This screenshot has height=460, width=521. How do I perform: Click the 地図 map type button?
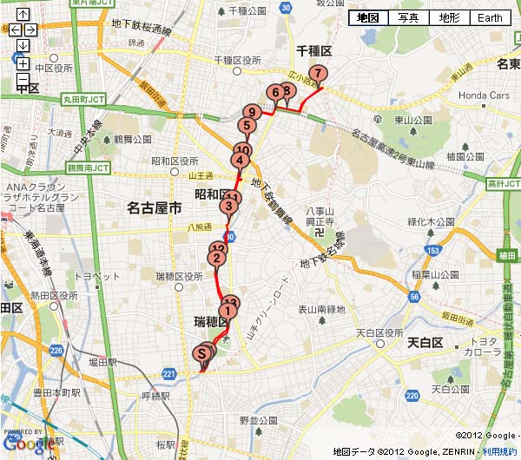click(368, 18)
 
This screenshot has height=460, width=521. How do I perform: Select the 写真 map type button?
click(408, 18)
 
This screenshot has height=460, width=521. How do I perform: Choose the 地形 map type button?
click(449, 18)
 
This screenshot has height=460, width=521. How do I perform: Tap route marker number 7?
click(319, 74)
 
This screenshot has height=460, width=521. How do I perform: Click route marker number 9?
click(252, 112)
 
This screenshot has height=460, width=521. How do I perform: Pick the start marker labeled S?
click(203, 353)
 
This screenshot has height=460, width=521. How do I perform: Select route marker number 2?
click(216, 258)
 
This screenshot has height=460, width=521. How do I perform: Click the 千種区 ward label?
click(310, 51)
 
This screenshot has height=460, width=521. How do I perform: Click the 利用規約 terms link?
click(498, 452)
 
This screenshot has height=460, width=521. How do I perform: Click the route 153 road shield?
click(432, 251)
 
